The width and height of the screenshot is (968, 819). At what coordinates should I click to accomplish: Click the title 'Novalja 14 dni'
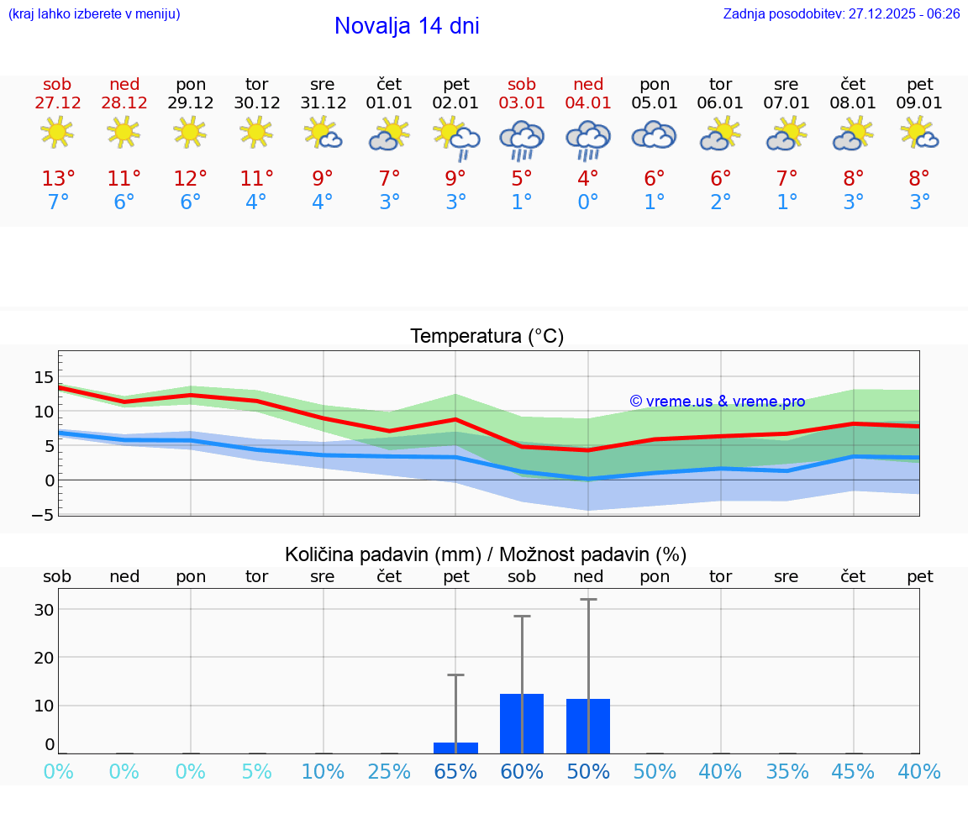[407, 26]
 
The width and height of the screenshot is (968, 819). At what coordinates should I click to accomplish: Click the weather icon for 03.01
[522, 139]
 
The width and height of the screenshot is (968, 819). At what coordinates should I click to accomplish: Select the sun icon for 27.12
[57, 132]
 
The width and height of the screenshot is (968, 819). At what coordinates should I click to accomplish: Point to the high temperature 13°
[58, 178]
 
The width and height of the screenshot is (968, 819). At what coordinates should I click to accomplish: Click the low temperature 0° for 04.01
[588, 202]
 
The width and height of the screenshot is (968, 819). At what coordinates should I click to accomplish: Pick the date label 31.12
[323, 103]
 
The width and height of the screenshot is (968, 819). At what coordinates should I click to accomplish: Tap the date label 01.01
[389, 103]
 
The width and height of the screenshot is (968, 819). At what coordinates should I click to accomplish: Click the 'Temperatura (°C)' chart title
[487, 337]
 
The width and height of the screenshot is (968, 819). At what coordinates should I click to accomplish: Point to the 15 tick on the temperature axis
[44, 377]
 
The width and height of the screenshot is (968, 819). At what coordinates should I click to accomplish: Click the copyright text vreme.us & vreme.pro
[717, 402]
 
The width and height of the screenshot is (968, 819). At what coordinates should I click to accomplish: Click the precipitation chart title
[486, 554]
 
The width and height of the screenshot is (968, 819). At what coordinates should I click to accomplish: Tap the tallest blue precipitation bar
[522, 723]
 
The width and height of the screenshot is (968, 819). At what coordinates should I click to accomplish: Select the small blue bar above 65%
[455, 748]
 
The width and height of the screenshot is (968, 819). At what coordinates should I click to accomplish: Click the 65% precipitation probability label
[455, 772]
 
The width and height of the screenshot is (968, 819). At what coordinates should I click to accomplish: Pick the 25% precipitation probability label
[389, 772]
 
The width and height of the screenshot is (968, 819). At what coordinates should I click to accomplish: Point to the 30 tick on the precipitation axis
[44, 609]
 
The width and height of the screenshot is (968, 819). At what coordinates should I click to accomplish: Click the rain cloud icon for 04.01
[588, 139]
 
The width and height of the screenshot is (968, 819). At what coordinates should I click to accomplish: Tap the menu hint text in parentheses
[94, 13]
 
